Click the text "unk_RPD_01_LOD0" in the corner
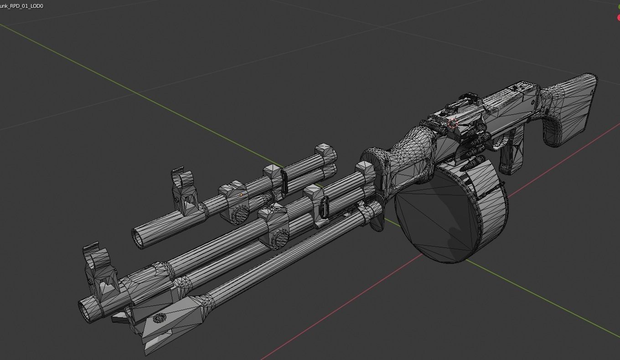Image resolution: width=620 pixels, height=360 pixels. [x=22, y=6]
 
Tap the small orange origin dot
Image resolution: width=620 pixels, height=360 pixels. [x=241, y=195]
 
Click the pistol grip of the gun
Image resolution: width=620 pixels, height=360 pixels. [x=511, y=153]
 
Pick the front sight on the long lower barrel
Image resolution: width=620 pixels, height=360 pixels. [x=100, y=273]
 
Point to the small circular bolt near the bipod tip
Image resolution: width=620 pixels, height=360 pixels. [x=159, y=318]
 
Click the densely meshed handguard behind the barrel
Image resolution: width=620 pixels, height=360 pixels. [x=410, y=150]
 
